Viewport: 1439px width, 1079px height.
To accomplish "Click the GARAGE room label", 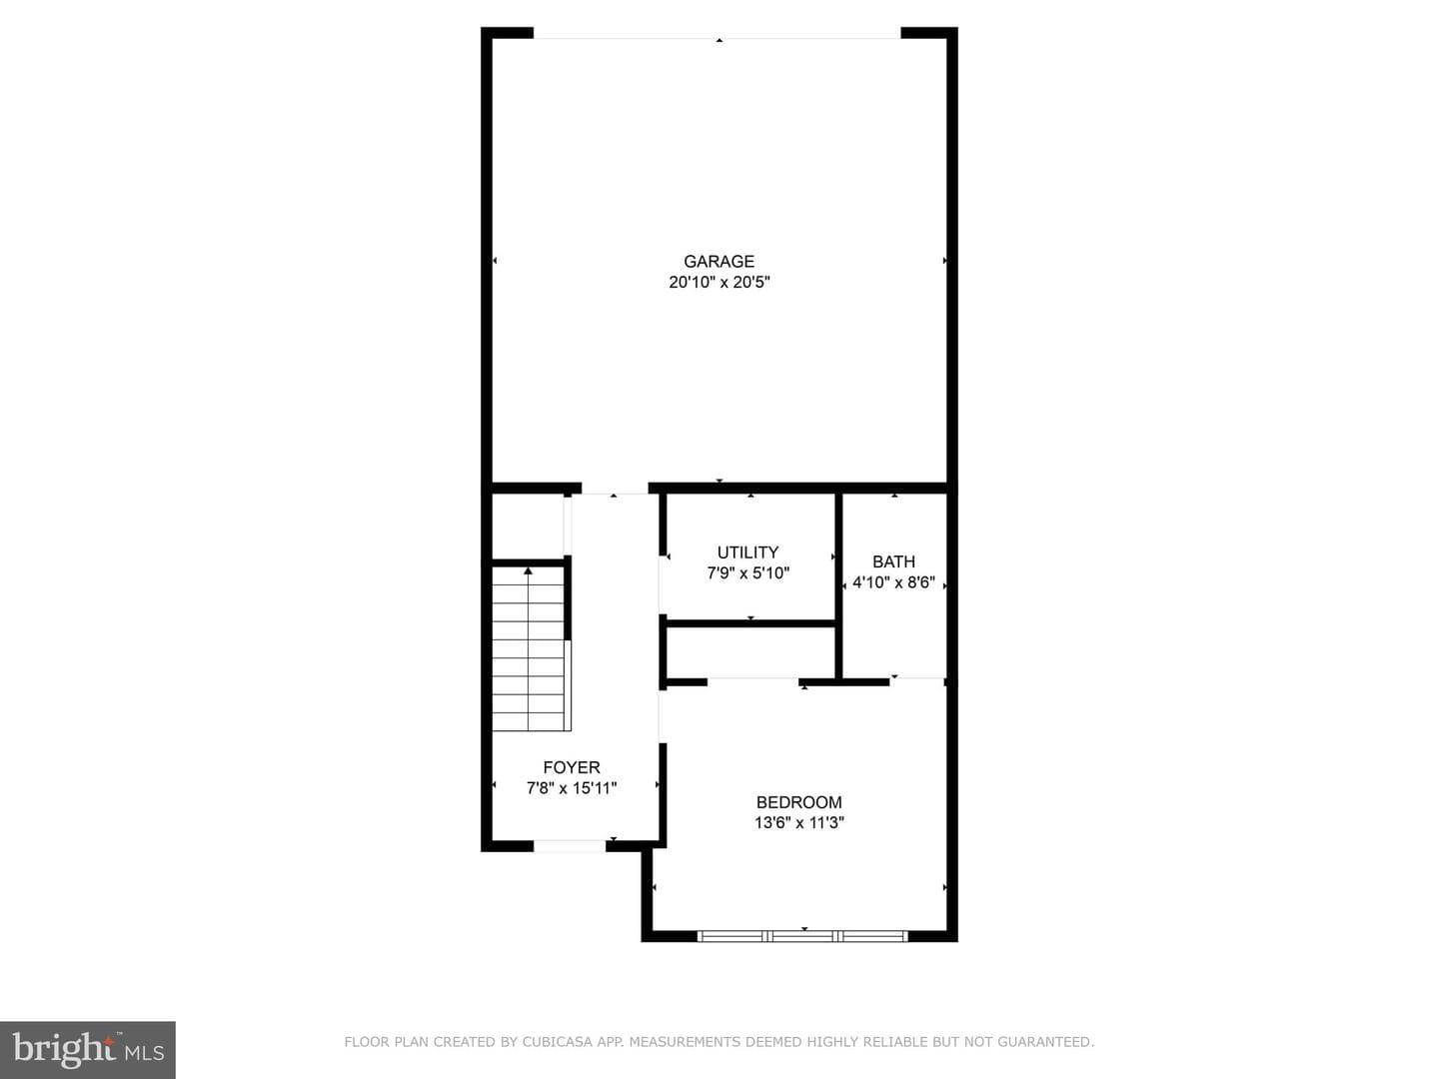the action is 719,262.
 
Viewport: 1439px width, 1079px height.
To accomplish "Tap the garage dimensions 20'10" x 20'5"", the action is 719,283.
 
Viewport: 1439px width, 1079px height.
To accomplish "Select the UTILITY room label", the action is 747,552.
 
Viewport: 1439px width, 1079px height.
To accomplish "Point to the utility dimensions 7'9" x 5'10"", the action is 748,573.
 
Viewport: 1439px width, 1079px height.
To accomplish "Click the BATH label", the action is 893,561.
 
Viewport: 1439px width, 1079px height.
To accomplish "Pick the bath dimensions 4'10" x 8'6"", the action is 893,582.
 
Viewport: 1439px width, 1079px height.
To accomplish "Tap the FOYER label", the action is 572,767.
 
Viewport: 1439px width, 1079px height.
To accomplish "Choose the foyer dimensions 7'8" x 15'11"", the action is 572,788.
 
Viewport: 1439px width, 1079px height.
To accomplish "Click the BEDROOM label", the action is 799,802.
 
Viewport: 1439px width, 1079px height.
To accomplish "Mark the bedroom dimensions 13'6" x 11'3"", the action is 799,822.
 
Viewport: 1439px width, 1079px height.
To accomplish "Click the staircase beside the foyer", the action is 529,648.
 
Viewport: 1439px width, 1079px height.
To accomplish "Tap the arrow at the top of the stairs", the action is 528,571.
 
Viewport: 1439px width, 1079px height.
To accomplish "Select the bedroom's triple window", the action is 802,936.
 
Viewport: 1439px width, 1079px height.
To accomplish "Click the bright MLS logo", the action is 88,1050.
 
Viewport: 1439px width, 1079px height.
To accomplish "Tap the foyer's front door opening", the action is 570,846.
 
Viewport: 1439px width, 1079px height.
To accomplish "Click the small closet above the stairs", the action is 528,527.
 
